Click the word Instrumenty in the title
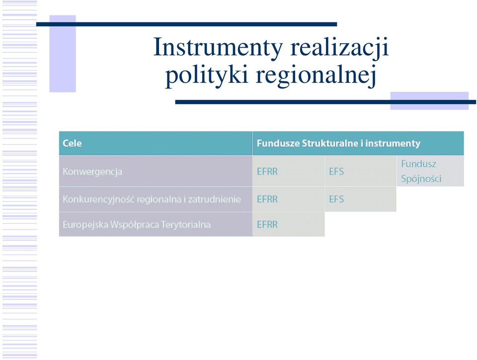(x=218, y=48)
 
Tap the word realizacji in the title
(x=339, y=48)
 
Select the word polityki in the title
(x=206, y=75)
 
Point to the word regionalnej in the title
(x=316, y=75)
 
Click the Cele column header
(x=72, y=143)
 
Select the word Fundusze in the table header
(x=278, y=143)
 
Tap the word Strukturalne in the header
(x=330, y=143)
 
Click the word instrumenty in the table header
(x=393, y=143)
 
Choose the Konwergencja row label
(x=92, y=172)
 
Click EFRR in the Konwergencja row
(x=267, y=171)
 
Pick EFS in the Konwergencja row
(x=336, y=171)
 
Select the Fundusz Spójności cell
(x=421, y=171)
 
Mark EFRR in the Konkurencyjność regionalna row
(x=267, y=199)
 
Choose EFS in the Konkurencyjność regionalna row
(x=336, y=199)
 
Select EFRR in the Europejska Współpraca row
(x=267, y=224)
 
